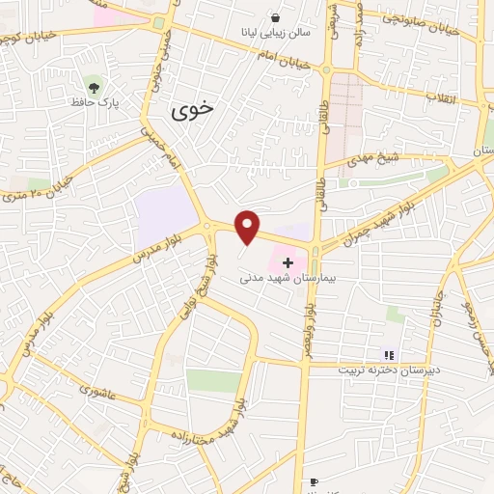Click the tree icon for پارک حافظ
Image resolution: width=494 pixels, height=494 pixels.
pyautogui.click(x=93, y=84)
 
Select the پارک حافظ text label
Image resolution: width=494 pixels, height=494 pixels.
pyautogui.click(x=94, y=100)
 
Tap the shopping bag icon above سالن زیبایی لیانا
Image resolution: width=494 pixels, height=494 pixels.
pyautogui.click(x=277, y=18)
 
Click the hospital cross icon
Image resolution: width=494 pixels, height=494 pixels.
pyautogui.click(x=287, y=262)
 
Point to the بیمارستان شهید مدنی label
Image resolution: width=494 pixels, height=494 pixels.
pyautogui.click(x=287, y=278)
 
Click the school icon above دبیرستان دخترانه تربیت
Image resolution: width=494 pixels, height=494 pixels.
pyautogui.click(x=390, y=355)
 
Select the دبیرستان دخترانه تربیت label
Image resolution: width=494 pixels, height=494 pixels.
pyautogui.click(x=389, y=370)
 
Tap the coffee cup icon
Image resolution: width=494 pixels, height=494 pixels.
pyautogui.click(x=314, y=481)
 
